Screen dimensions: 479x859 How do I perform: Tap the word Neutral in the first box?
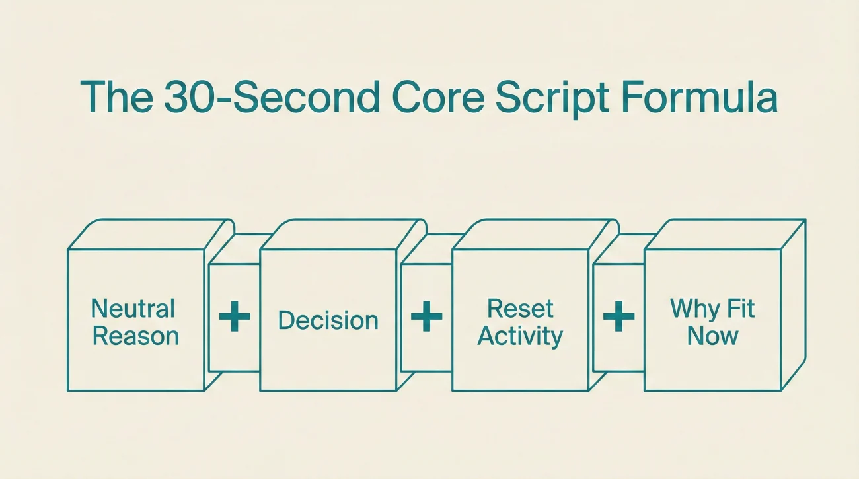pyautogui.click(x=133, y=309)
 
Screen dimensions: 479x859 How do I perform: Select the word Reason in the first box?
pyautogui.click(x=135, y=336)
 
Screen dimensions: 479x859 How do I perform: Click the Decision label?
pyautogui.click(x=328, y=320)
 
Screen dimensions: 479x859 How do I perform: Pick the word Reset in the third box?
pyautogui.click(x=520, y=309)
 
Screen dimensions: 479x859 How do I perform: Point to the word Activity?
pyautogui.click(x=520, y=336)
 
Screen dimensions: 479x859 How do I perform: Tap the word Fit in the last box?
pyautogui.click(x=739, y=309)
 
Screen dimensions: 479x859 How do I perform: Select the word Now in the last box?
pyautogui.click(x=712, y=336)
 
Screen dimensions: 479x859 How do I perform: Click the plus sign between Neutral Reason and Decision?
pyautogui.click(x=235, y=316)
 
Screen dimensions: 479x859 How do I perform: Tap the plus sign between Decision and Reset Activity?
pyautogui.click(x=426, y=316)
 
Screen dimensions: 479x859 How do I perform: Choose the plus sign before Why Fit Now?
pyautogui.click(x=618, y=316)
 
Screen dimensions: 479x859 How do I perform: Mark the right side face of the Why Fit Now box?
pyautogui.click(x=793, y=304)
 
